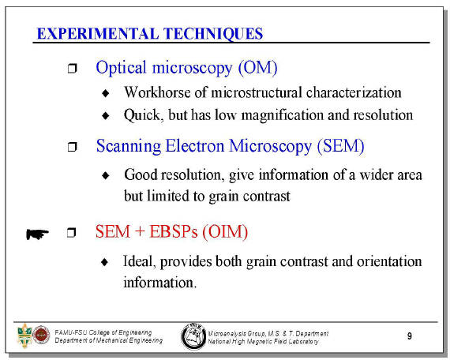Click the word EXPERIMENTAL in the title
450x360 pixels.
[x=98, y=34]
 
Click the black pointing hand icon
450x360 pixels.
[x=37, y=234]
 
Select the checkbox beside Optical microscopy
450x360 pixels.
[x=72, y=69]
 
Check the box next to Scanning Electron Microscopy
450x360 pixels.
[x=72, y=147]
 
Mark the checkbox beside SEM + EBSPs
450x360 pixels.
[x=72, y=233]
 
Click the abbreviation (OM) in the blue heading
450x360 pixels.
[x=257, y=68]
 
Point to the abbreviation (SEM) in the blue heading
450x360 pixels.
[x=340, y=146]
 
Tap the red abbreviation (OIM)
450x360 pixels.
[x=225, y=231]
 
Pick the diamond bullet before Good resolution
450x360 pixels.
[x=106, y=175]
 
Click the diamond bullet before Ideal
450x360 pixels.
[x=105, y=262]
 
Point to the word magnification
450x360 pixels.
[x=283, y=115]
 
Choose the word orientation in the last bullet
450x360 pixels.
[x=389, y=261]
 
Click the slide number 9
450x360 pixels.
[x=410, y=336]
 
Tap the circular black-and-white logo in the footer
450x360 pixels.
[x=193, y=336]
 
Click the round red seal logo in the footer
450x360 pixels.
[x=41, y=335]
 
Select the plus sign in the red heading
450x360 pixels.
[x=140, y=231]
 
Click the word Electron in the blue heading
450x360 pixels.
[x=194, y=146]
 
